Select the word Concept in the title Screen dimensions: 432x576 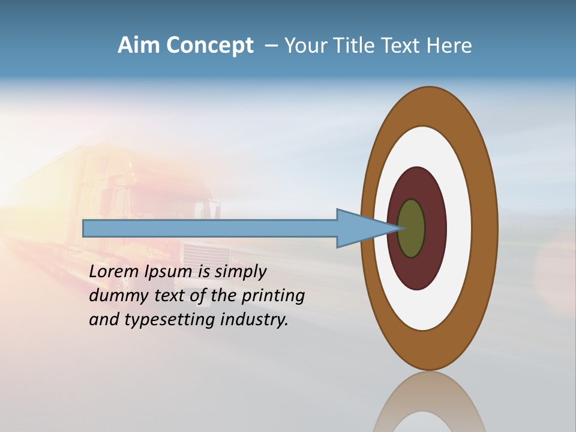(x=210, y=46)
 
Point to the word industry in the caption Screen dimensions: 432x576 (x=254, y=320)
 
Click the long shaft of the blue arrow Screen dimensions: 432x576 (x=210, y=228)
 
